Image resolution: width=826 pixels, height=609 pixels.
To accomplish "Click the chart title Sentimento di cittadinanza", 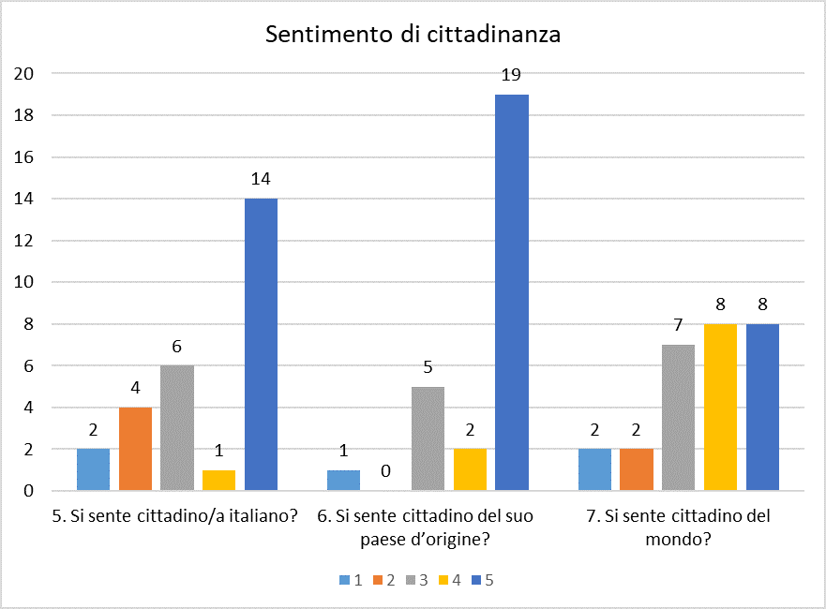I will tap(413, 36).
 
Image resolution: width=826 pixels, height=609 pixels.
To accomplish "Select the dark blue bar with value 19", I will tap(511, 292).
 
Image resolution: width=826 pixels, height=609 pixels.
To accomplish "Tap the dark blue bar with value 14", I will tap(261, 345).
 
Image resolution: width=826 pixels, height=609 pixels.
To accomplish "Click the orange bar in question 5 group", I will tap(135, 449).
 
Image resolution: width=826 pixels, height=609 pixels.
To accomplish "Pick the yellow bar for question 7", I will tap(721, 407).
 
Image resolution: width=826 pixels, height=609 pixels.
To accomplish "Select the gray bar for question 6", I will tap(428, 438).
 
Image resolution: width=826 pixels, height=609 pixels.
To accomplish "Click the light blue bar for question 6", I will tap(344, 480).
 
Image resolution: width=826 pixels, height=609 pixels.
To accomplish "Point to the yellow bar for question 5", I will tap(218, 480).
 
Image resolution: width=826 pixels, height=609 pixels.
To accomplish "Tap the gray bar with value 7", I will tap(679, 418).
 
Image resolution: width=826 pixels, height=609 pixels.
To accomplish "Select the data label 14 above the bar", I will tap(261, 180).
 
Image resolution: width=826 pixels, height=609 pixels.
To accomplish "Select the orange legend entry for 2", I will tap(382, 580).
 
